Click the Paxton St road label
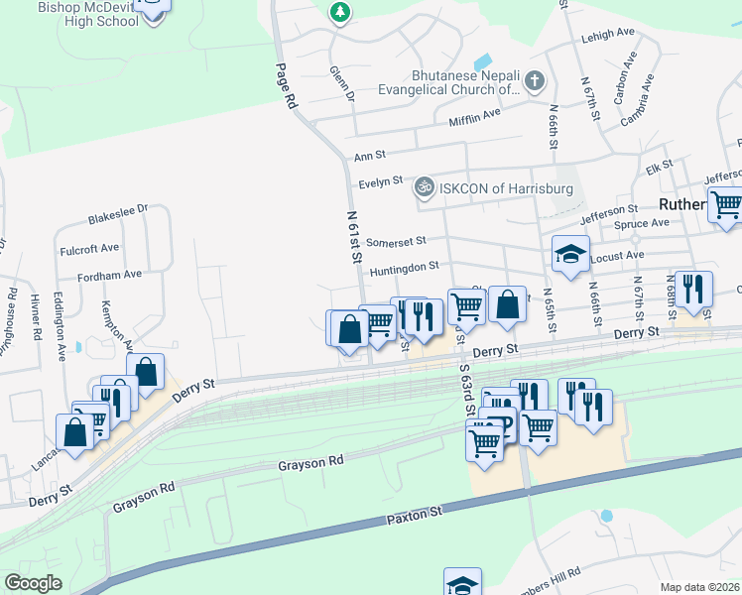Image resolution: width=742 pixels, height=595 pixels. pos(414,515)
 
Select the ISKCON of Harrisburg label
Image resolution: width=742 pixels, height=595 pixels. pos(494,187)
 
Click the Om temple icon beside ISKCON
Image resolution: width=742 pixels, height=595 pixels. pos(424,185)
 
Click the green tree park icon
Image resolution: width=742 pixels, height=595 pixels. pos(340,11)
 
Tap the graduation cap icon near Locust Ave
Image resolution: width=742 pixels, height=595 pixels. pos(570,254)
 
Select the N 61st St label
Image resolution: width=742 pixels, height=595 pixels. pos(353,235)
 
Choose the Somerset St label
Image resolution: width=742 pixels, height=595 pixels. pos(395,240)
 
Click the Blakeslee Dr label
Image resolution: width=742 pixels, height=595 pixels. pos(117,209)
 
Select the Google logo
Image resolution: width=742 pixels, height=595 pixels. pos(33,582)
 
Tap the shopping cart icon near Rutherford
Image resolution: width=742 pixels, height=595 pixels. pos(727,204)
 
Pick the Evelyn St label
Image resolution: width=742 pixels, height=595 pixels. pos(381,181)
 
